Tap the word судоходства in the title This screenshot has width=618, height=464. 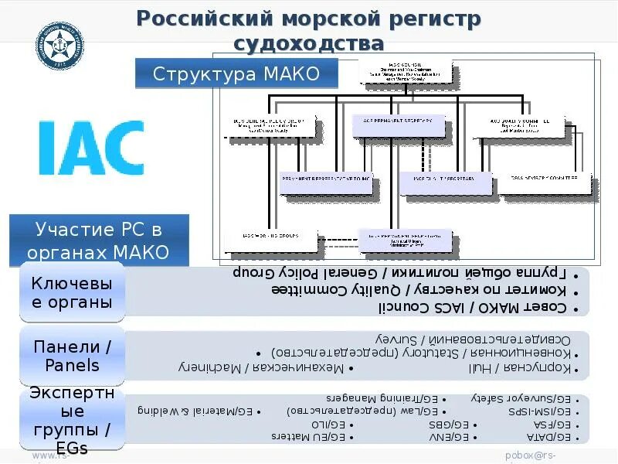[x=310, y=43]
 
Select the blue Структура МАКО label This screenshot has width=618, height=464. [x=236, y=75]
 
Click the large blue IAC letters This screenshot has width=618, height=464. [x=90, y=147]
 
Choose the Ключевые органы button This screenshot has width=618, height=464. [x=72, y=293]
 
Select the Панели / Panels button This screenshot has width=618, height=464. [x=72, y=357]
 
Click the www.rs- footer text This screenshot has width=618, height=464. [x=51, y=456]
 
